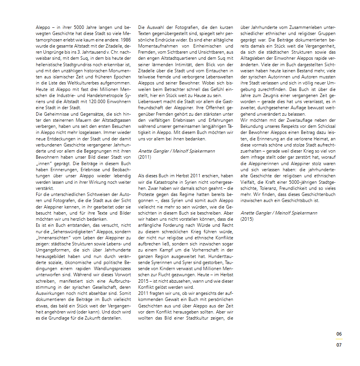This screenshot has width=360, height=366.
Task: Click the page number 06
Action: [339, 334]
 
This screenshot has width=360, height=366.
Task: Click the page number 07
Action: [339, 345]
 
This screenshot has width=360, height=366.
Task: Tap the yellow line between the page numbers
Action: [339, 339]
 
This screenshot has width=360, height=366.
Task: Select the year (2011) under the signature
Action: [144, 157]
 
